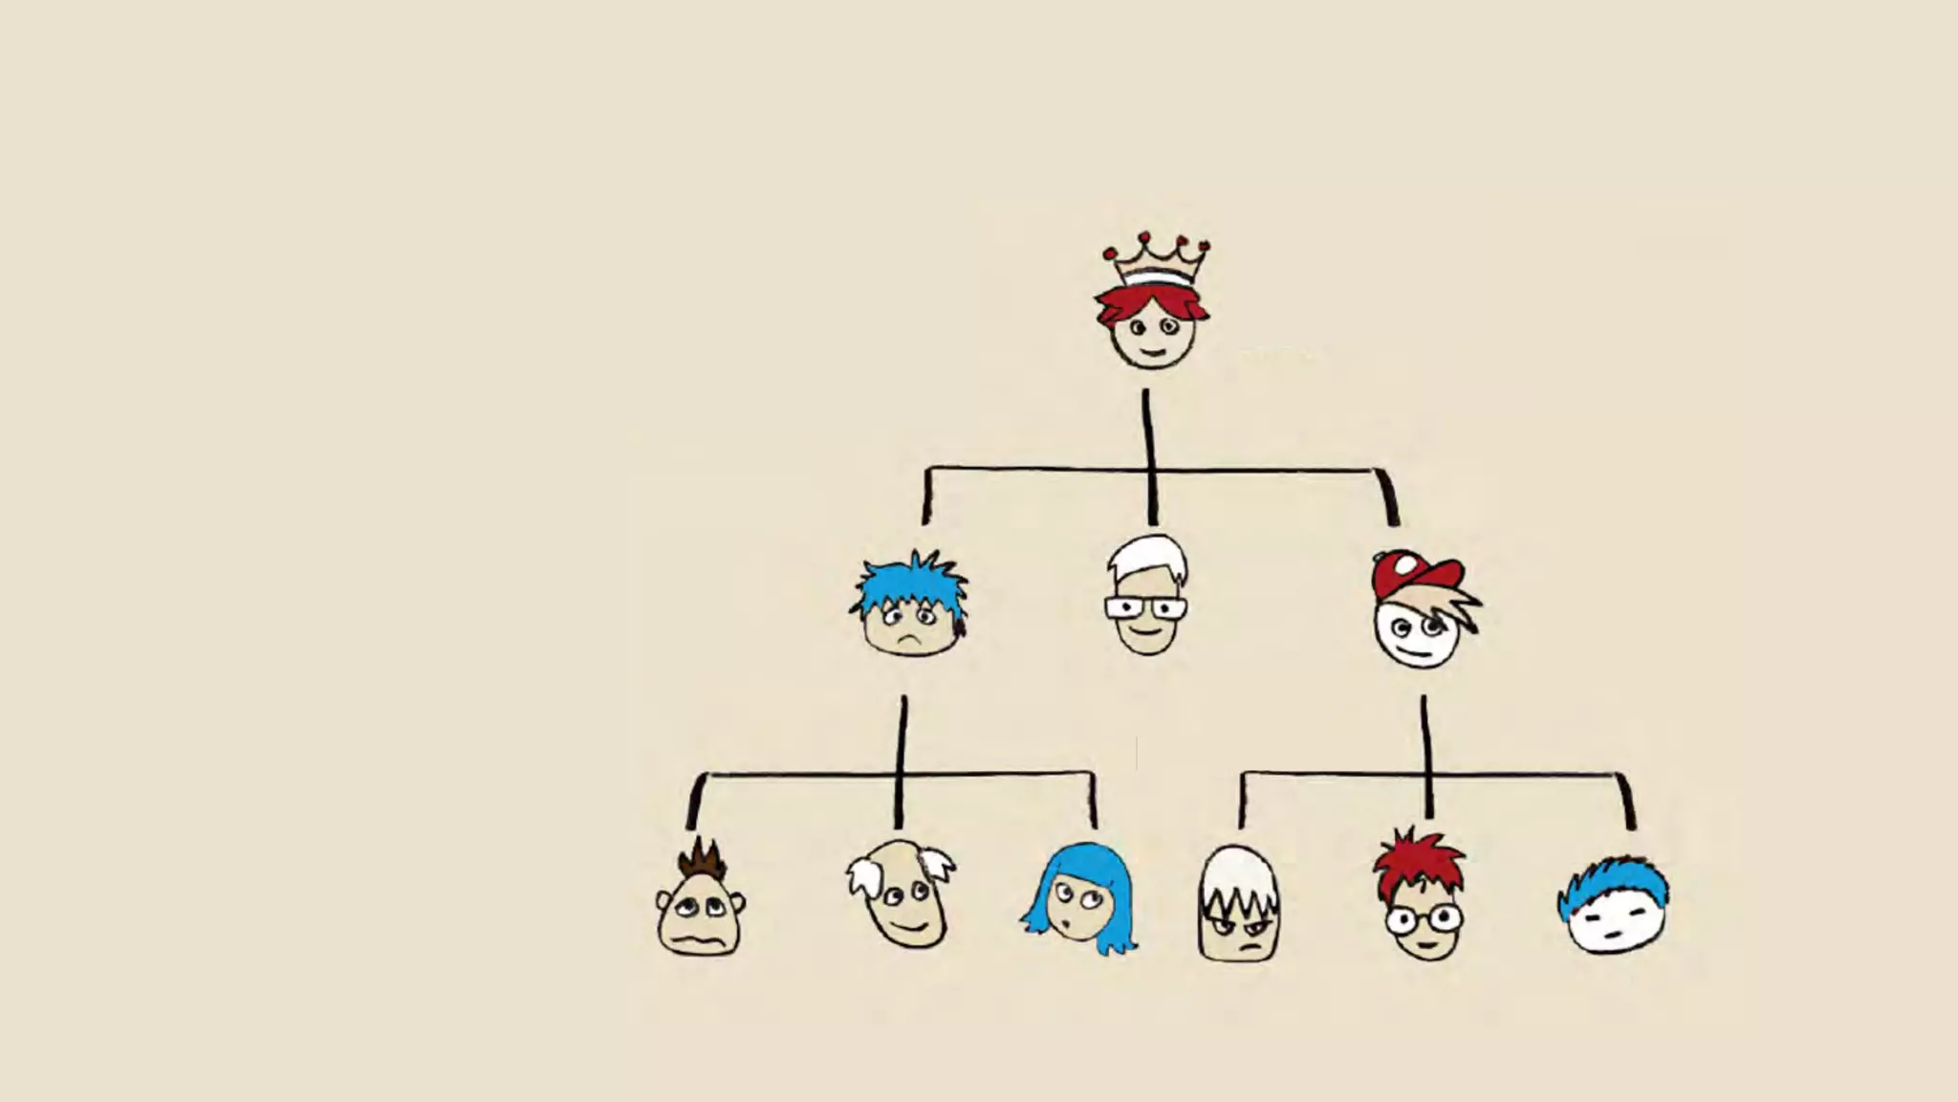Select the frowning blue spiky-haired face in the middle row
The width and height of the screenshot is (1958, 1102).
pos(909,607)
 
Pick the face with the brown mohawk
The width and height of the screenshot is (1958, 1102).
pos(700,904)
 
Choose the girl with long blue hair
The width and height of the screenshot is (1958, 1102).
pos(1078,899)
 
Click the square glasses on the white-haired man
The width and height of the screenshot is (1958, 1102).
pos(1145,608)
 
